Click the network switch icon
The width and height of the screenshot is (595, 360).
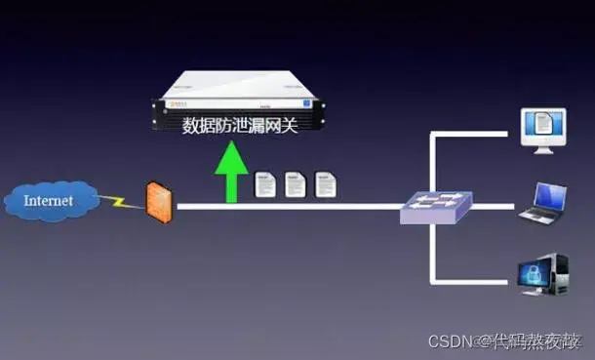pos(436,206)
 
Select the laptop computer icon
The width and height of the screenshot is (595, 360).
pos(542,203)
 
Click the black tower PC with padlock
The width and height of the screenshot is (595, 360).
pos(542,276)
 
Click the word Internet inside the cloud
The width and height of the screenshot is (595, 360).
pos(48,201)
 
